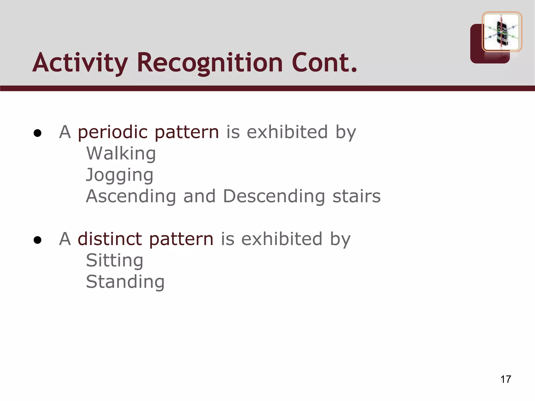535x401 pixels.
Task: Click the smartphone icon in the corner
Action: (502, 32)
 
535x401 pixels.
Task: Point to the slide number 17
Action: (505, 379)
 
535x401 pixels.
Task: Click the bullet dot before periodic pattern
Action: (38, 133)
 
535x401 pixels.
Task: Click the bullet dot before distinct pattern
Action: (38, 240)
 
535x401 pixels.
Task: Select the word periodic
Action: (113, 132)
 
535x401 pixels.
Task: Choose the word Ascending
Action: (131, 196)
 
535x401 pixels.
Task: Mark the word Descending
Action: (274, 196)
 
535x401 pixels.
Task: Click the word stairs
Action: (356, 196)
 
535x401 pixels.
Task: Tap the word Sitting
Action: (114, 260)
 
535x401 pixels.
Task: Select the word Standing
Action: (125, 282)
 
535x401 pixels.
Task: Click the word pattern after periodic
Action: (187, 132)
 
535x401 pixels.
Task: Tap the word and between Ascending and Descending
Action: (199, 196)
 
